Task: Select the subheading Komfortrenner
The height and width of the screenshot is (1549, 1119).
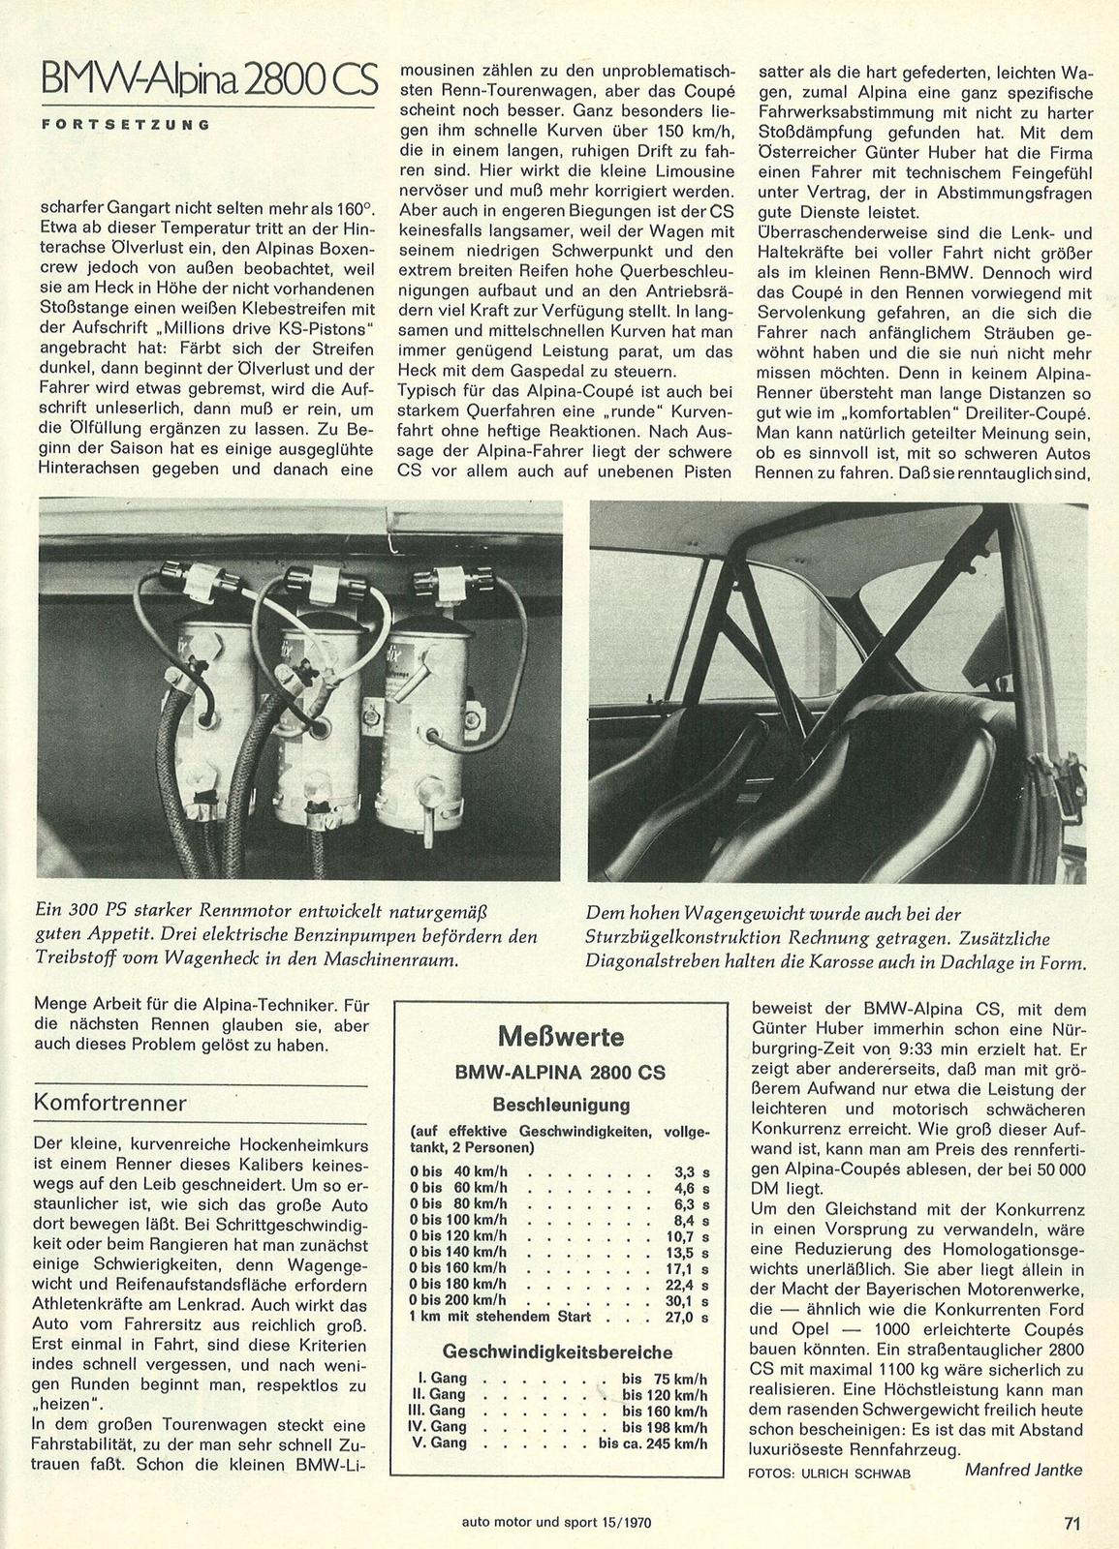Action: pos(110,1103)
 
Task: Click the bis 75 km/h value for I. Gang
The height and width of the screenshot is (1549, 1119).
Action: pos(665,1378)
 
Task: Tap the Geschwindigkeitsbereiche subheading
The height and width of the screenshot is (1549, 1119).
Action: pos(557,1351)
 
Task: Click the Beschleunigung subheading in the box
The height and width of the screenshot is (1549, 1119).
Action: pos(561,1105)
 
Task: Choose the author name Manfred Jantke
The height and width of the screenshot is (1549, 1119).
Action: pos(1023,1470)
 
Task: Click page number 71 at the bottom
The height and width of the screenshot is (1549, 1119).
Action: pos(1071,1522)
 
